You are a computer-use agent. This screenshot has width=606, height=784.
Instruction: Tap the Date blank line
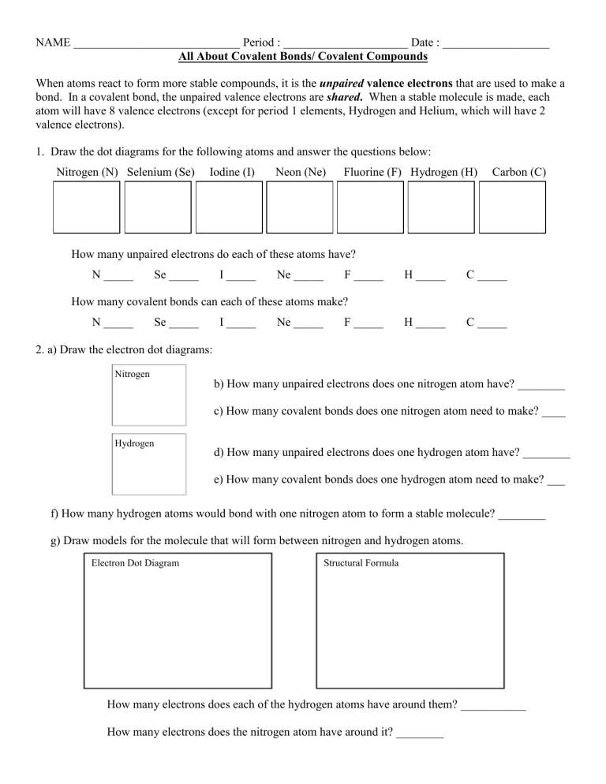click(496, 45)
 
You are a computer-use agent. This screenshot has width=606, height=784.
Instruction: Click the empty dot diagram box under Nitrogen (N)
click(86, 207)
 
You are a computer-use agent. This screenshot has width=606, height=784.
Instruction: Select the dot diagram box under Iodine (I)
click(229, 207)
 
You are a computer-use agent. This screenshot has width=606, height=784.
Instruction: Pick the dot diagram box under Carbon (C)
click(512, 207)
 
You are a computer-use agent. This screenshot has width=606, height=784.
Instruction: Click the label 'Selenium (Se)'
click(160, 172)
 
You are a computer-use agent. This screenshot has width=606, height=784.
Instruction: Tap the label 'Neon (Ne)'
click(301, 172)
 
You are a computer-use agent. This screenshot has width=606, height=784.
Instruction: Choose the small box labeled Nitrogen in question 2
click(149, 394)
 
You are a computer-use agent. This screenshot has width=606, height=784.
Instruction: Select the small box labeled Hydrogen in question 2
click(149, 464)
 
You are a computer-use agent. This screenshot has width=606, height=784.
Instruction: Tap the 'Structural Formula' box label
click(361, 563)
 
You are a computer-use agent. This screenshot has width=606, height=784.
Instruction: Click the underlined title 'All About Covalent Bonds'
click(303, 58)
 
